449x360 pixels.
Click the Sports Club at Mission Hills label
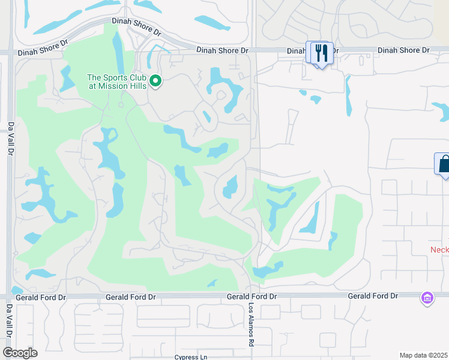[116, 81]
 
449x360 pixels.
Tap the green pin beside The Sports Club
[155, 80]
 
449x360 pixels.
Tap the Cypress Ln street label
[190, 357]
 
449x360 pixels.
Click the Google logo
[20, 353]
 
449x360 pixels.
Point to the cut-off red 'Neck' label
[439, 249]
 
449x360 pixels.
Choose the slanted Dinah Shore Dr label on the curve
[137, 26]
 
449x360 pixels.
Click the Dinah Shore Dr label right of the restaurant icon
[403, 50]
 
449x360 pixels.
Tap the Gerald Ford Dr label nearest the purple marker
[373, 296]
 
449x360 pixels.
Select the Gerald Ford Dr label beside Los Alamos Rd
[252, 296]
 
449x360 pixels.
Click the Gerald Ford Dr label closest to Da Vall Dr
[41, 297]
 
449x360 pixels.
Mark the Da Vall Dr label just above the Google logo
[10, 325]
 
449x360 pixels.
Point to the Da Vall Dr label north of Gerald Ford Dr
[11, 139]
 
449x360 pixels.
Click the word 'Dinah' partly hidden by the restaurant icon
[297, 51]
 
